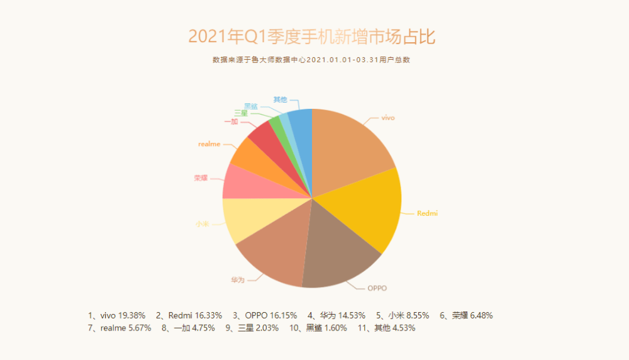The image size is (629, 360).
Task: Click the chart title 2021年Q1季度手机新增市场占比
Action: pos(312,37)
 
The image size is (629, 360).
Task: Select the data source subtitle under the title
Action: pos(311,60)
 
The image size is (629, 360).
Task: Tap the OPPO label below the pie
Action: pos(377,288)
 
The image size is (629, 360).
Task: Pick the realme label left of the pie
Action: pos(209,144)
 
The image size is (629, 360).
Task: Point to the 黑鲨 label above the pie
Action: pos(251,106)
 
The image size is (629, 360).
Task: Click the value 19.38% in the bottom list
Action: pos(133,315)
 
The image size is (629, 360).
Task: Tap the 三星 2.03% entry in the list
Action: pos(257,328)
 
